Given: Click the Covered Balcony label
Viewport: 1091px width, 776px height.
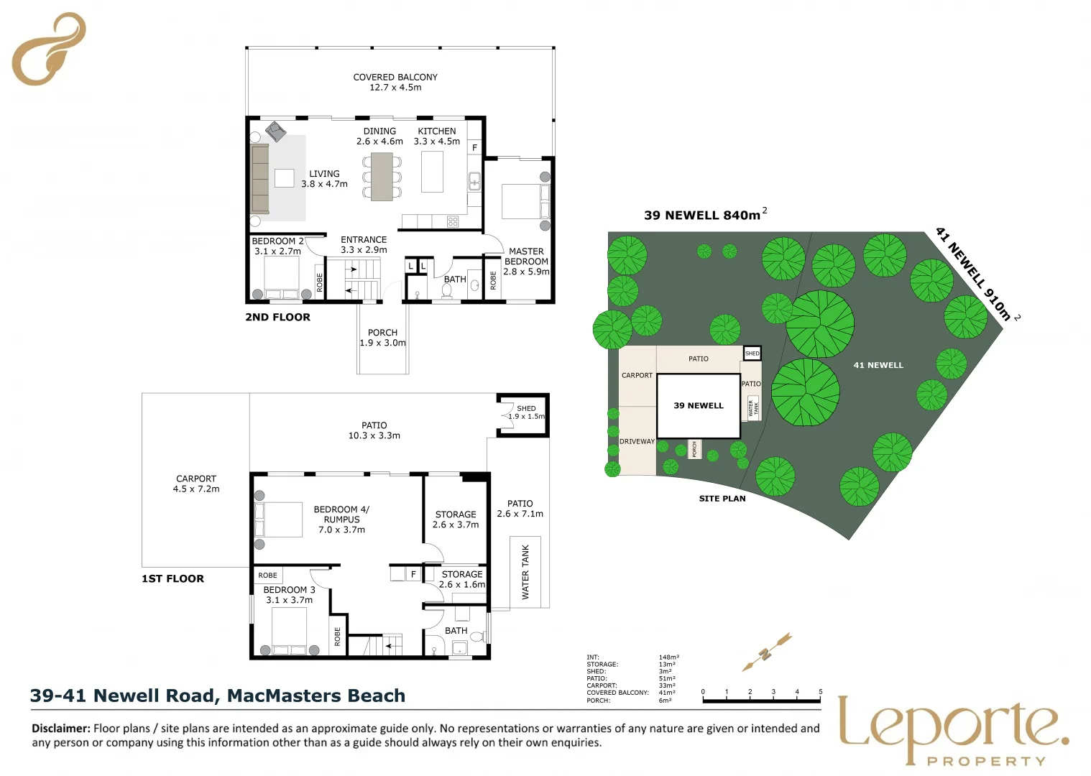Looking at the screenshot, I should click(395, 82).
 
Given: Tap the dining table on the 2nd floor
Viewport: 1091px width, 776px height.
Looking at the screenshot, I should click(382, 177).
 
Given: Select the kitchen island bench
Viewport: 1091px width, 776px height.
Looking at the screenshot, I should click(432, 172).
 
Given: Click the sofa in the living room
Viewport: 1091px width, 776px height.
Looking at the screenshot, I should click(259, 179).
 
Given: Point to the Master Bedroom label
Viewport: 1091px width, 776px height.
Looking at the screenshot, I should click(526, 262).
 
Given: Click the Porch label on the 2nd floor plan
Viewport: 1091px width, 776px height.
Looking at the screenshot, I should click(382, 338).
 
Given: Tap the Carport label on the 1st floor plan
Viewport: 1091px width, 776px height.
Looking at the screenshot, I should click(195, 484).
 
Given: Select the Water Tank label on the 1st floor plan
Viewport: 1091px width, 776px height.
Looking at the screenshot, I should click(525, 572).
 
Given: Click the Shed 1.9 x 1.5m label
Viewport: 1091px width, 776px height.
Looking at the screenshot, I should click(526, 412).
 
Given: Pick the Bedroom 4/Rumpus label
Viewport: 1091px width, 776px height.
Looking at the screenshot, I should click(341, 519).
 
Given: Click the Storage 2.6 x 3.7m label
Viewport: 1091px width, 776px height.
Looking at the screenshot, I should click(456, 519).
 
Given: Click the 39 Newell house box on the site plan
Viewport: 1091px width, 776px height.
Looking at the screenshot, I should click(699, 406).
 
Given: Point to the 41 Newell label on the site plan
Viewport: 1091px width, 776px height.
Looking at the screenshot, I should click(878, 365).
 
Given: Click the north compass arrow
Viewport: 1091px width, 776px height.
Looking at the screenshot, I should click(767, 651).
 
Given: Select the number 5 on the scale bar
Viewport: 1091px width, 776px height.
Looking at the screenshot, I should click(820, 692).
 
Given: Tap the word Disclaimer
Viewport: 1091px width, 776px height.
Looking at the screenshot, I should click(61, 729).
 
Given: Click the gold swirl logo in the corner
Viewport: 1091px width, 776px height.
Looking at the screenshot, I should click(49, 49).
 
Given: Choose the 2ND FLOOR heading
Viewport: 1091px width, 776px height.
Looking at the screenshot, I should click(277, 317).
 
